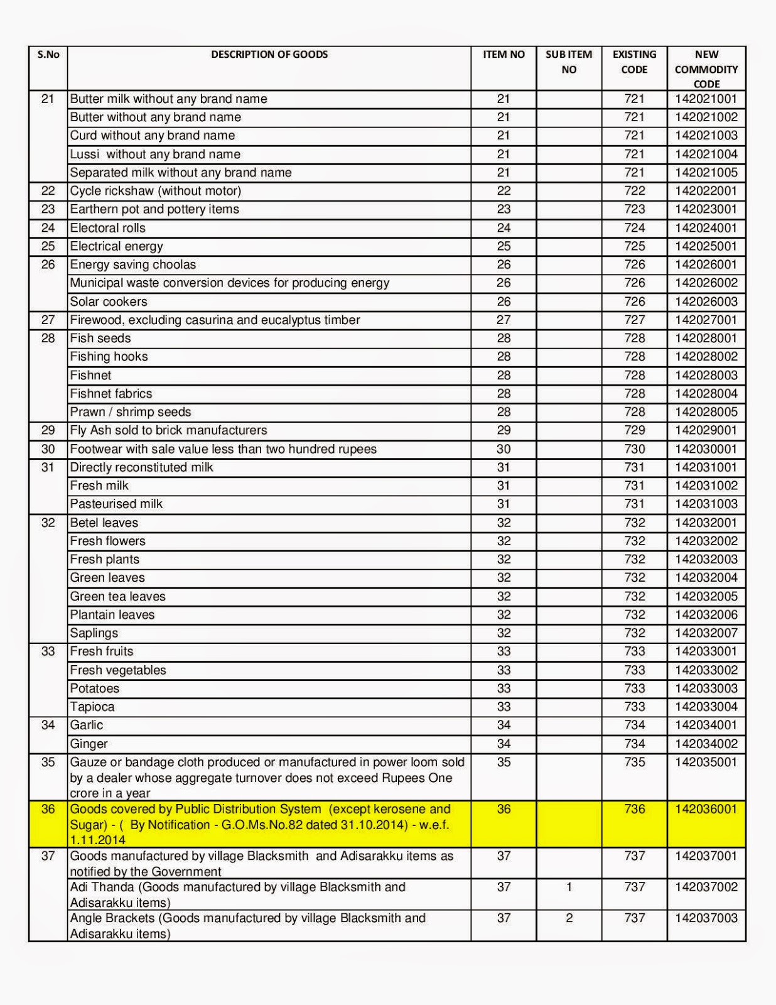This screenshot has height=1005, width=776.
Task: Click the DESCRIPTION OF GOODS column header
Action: click(269, 55)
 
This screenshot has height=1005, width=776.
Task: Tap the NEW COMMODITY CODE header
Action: click(706, 69)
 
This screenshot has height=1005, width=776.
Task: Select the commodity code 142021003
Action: click(706, 136)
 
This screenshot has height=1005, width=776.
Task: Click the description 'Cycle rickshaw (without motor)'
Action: click(156, 191)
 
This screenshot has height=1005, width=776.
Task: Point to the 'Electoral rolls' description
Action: click(108, 228)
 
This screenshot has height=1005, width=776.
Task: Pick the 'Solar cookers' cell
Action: click(109, 301)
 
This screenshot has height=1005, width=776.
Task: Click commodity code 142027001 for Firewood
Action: click(706, 320)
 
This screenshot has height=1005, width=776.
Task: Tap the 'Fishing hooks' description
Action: click(109, 357)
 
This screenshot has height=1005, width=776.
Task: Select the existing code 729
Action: click(634, 430)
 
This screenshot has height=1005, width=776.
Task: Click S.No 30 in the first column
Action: click(48, 449)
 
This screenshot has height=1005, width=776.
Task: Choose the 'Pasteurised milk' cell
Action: click(116, 504)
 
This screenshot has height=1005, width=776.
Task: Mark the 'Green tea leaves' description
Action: click(118, 596)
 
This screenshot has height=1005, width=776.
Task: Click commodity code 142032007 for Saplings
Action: click(706, 633)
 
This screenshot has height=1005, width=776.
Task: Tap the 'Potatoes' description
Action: click(95, 688)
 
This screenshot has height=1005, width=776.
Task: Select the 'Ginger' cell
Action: click(89, 744)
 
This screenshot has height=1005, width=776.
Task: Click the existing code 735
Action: click(634, 762)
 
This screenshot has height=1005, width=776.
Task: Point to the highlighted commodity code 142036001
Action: click(706, 809)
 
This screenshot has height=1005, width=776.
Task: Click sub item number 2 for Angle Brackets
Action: click(569, 918)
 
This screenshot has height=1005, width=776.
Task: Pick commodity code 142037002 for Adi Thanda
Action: click(706, 887)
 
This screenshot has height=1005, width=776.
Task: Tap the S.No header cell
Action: click(48, 55)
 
